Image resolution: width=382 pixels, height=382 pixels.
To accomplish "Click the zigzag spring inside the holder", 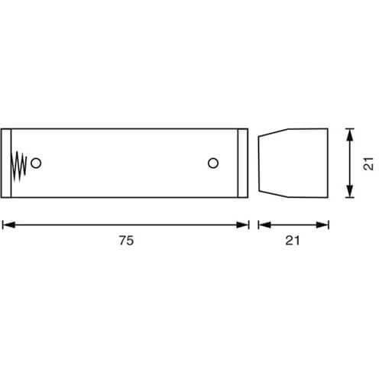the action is coord(18,166).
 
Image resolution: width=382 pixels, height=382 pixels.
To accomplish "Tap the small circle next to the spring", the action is coord(36,163).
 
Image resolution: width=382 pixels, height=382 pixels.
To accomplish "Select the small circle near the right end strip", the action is coord(213,163).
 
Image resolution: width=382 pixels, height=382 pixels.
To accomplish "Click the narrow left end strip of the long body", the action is coord(6,163).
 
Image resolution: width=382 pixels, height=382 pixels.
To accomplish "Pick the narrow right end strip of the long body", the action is coord(243,163).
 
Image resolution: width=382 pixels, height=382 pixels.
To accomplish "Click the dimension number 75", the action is coord(126,241).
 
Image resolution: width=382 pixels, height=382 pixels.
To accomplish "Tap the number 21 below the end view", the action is coord(293,241).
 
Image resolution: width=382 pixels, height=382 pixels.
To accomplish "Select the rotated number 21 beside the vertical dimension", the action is coord(368,163).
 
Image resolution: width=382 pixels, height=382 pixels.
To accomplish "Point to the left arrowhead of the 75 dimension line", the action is coord(8,225).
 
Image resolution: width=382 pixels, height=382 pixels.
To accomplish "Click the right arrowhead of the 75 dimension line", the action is coord(242,225).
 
